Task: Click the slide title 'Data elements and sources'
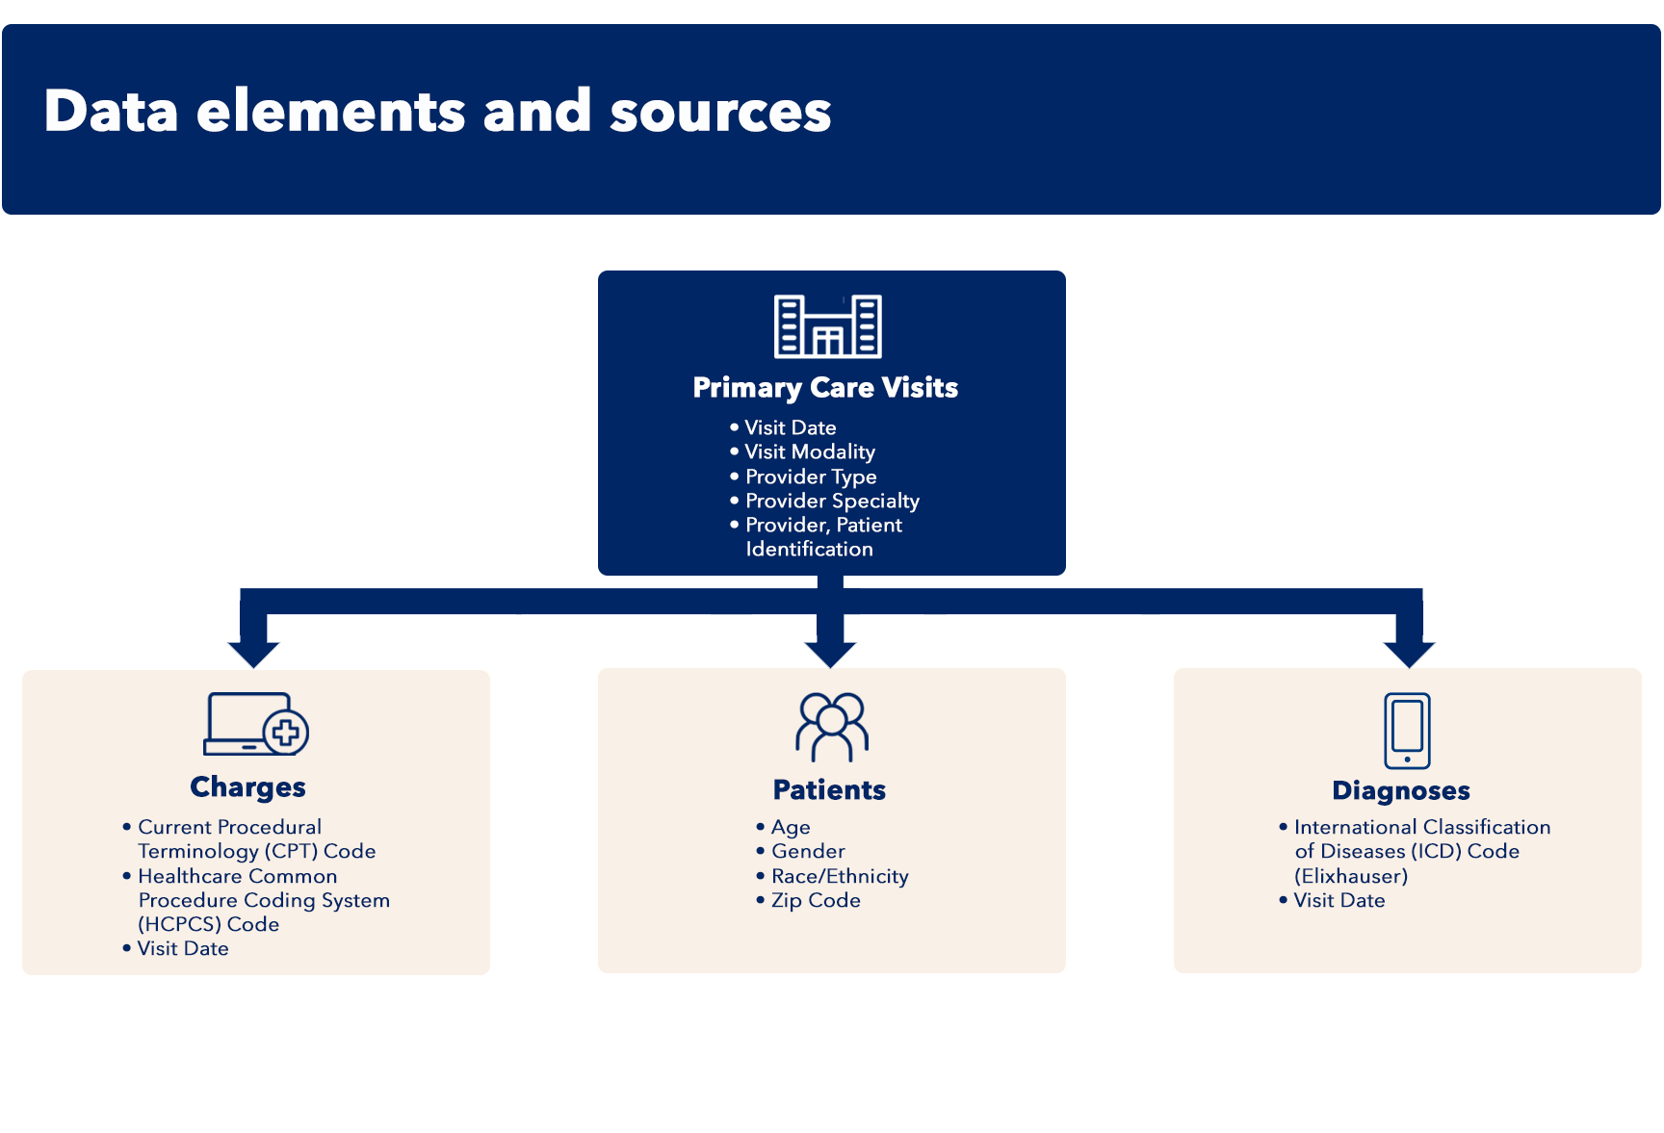[x=437, y=111]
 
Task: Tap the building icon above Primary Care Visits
[x=828, y=326]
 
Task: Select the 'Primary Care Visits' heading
[x=825, y=388]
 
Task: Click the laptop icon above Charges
[x=256, y=724]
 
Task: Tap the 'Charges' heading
[x=248, y=787]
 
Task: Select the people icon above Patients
[x=832, y=728]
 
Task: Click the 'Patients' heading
[x=829, y=790]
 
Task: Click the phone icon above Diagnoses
[x=1407, y=731]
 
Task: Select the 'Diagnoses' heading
[x=1401, y=791]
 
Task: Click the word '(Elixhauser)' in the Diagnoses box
[x=1351, y=877]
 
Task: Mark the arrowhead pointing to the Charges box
[x=253, y=654]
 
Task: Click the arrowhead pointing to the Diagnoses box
[x=1410, y=654]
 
